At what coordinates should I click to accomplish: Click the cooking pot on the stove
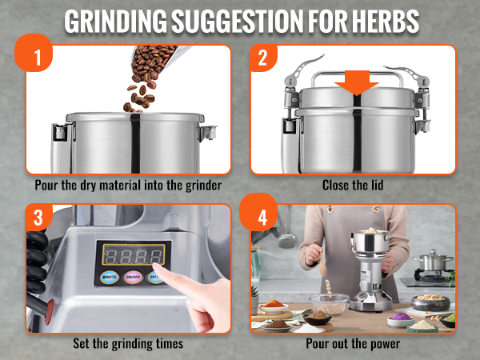click(x=433, y=262)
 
